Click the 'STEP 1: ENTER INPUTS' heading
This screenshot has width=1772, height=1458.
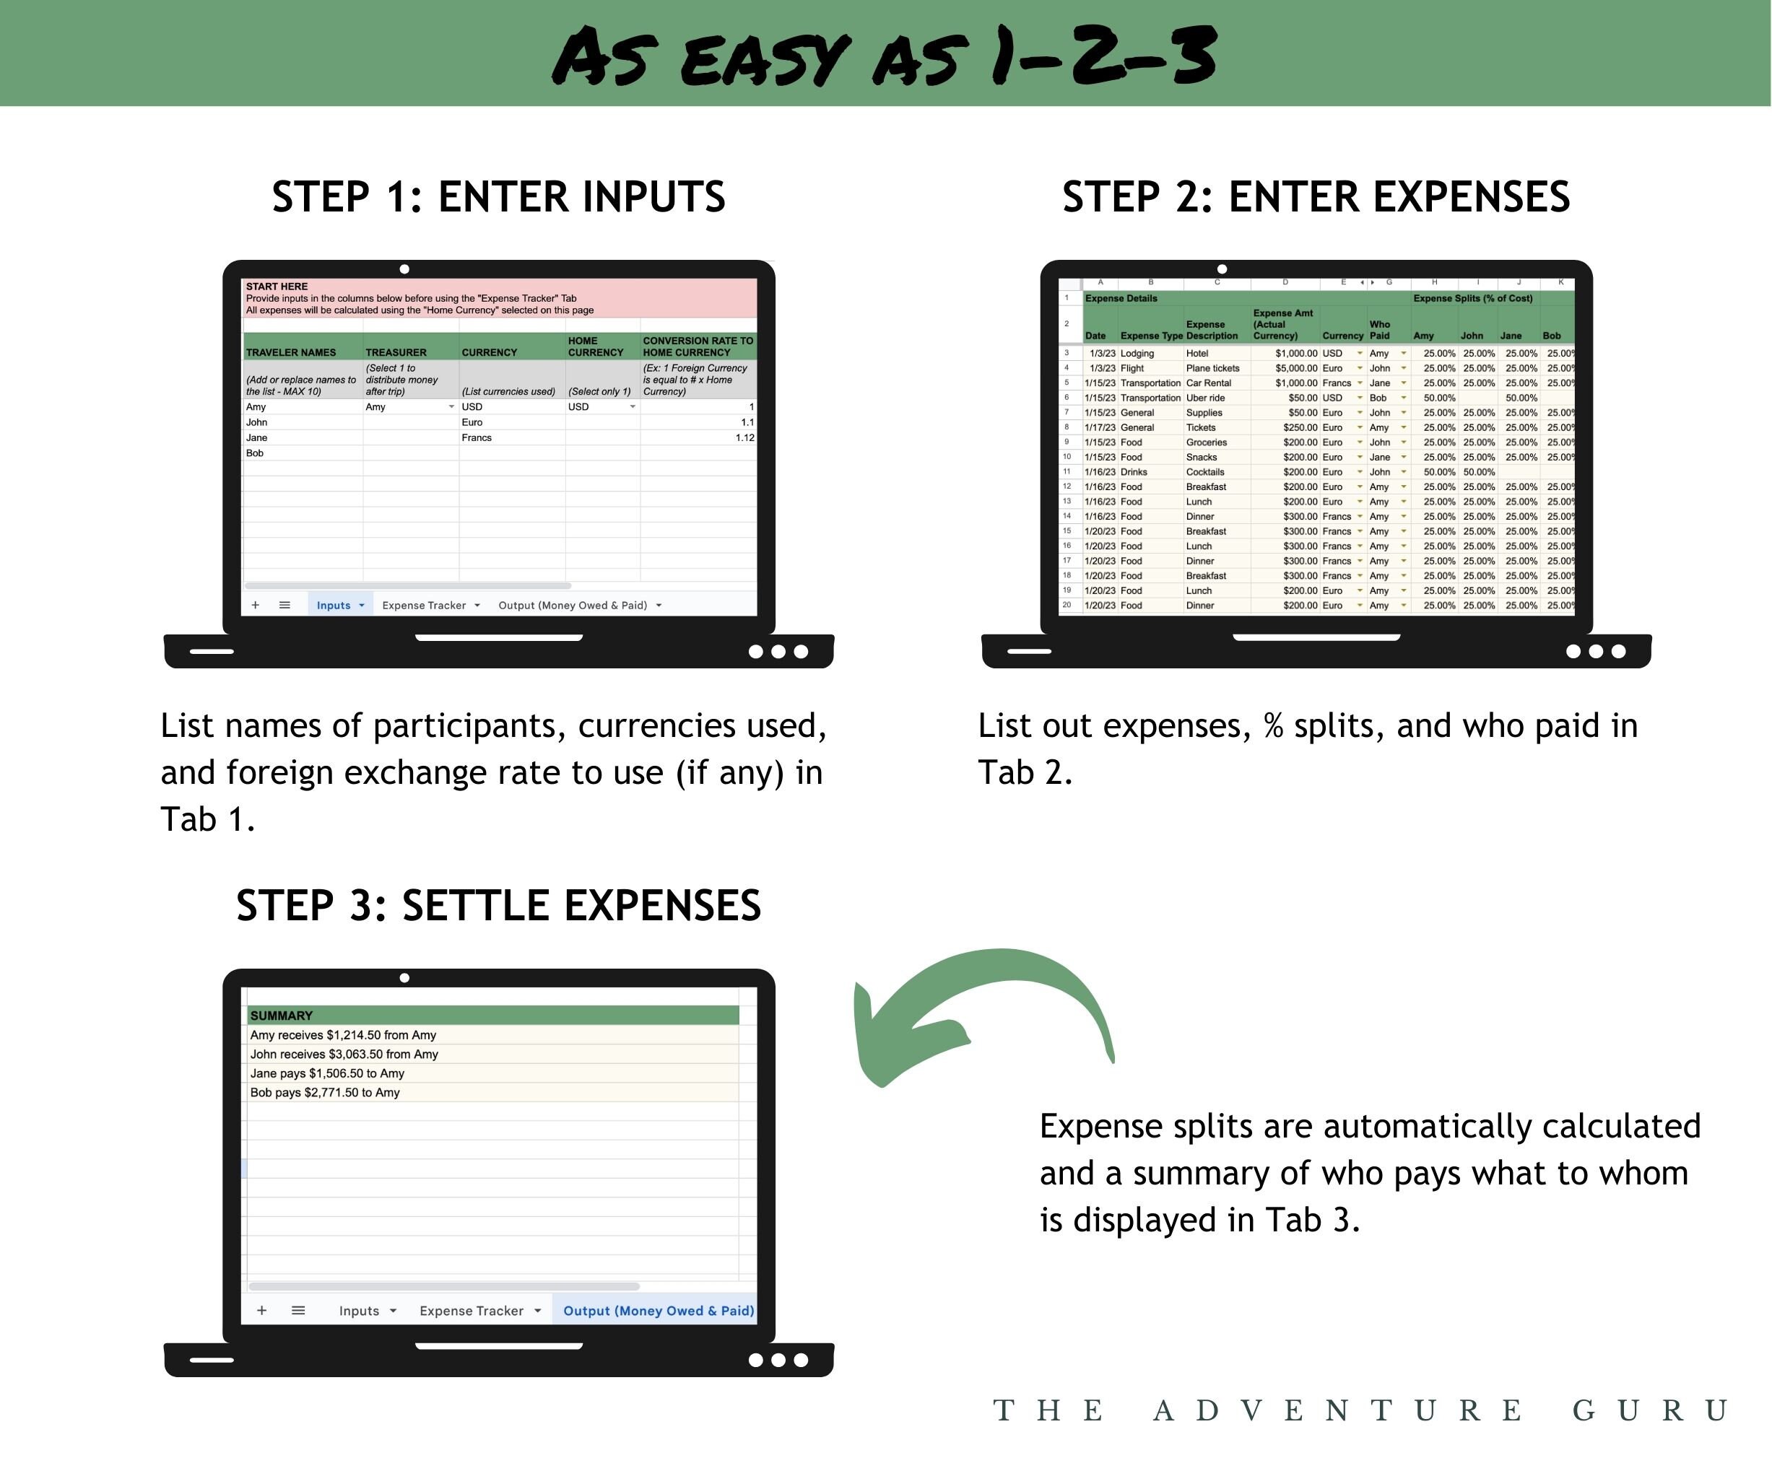click(498, 197)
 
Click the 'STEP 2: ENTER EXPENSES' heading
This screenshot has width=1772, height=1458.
click(1315, 197)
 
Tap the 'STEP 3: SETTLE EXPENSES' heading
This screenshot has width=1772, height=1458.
click(498, 905)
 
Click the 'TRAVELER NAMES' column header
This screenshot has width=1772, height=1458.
click(291, 353)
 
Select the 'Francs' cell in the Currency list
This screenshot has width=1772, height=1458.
click(477, 437)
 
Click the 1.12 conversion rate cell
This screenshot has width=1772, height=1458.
click(744, 437)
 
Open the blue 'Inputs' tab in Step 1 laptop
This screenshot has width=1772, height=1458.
click(334, 606)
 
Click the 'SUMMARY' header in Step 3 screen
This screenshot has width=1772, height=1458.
click(282, 1016)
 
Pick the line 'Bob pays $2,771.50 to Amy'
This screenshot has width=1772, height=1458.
click(325, 1093)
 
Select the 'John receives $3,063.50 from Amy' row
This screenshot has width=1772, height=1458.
click(344, 1054)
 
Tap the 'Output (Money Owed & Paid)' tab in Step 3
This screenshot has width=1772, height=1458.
click(658, 1311)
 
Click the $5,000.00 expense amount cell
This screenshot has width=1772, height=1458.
click(1295, 368)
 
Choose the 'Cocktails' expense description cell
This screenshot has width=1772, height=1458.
click(1205, 472)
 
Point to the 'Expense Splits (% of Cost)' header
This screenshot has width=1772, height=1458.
click(1472, 298)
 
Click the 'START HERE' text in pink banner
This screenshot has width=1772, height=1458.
click(277, 287)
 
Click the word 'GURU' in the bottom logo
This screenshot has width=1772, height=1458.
click(1649, 1411)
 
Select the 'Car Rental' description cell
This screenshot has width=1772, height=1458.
click(1208, 383)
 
